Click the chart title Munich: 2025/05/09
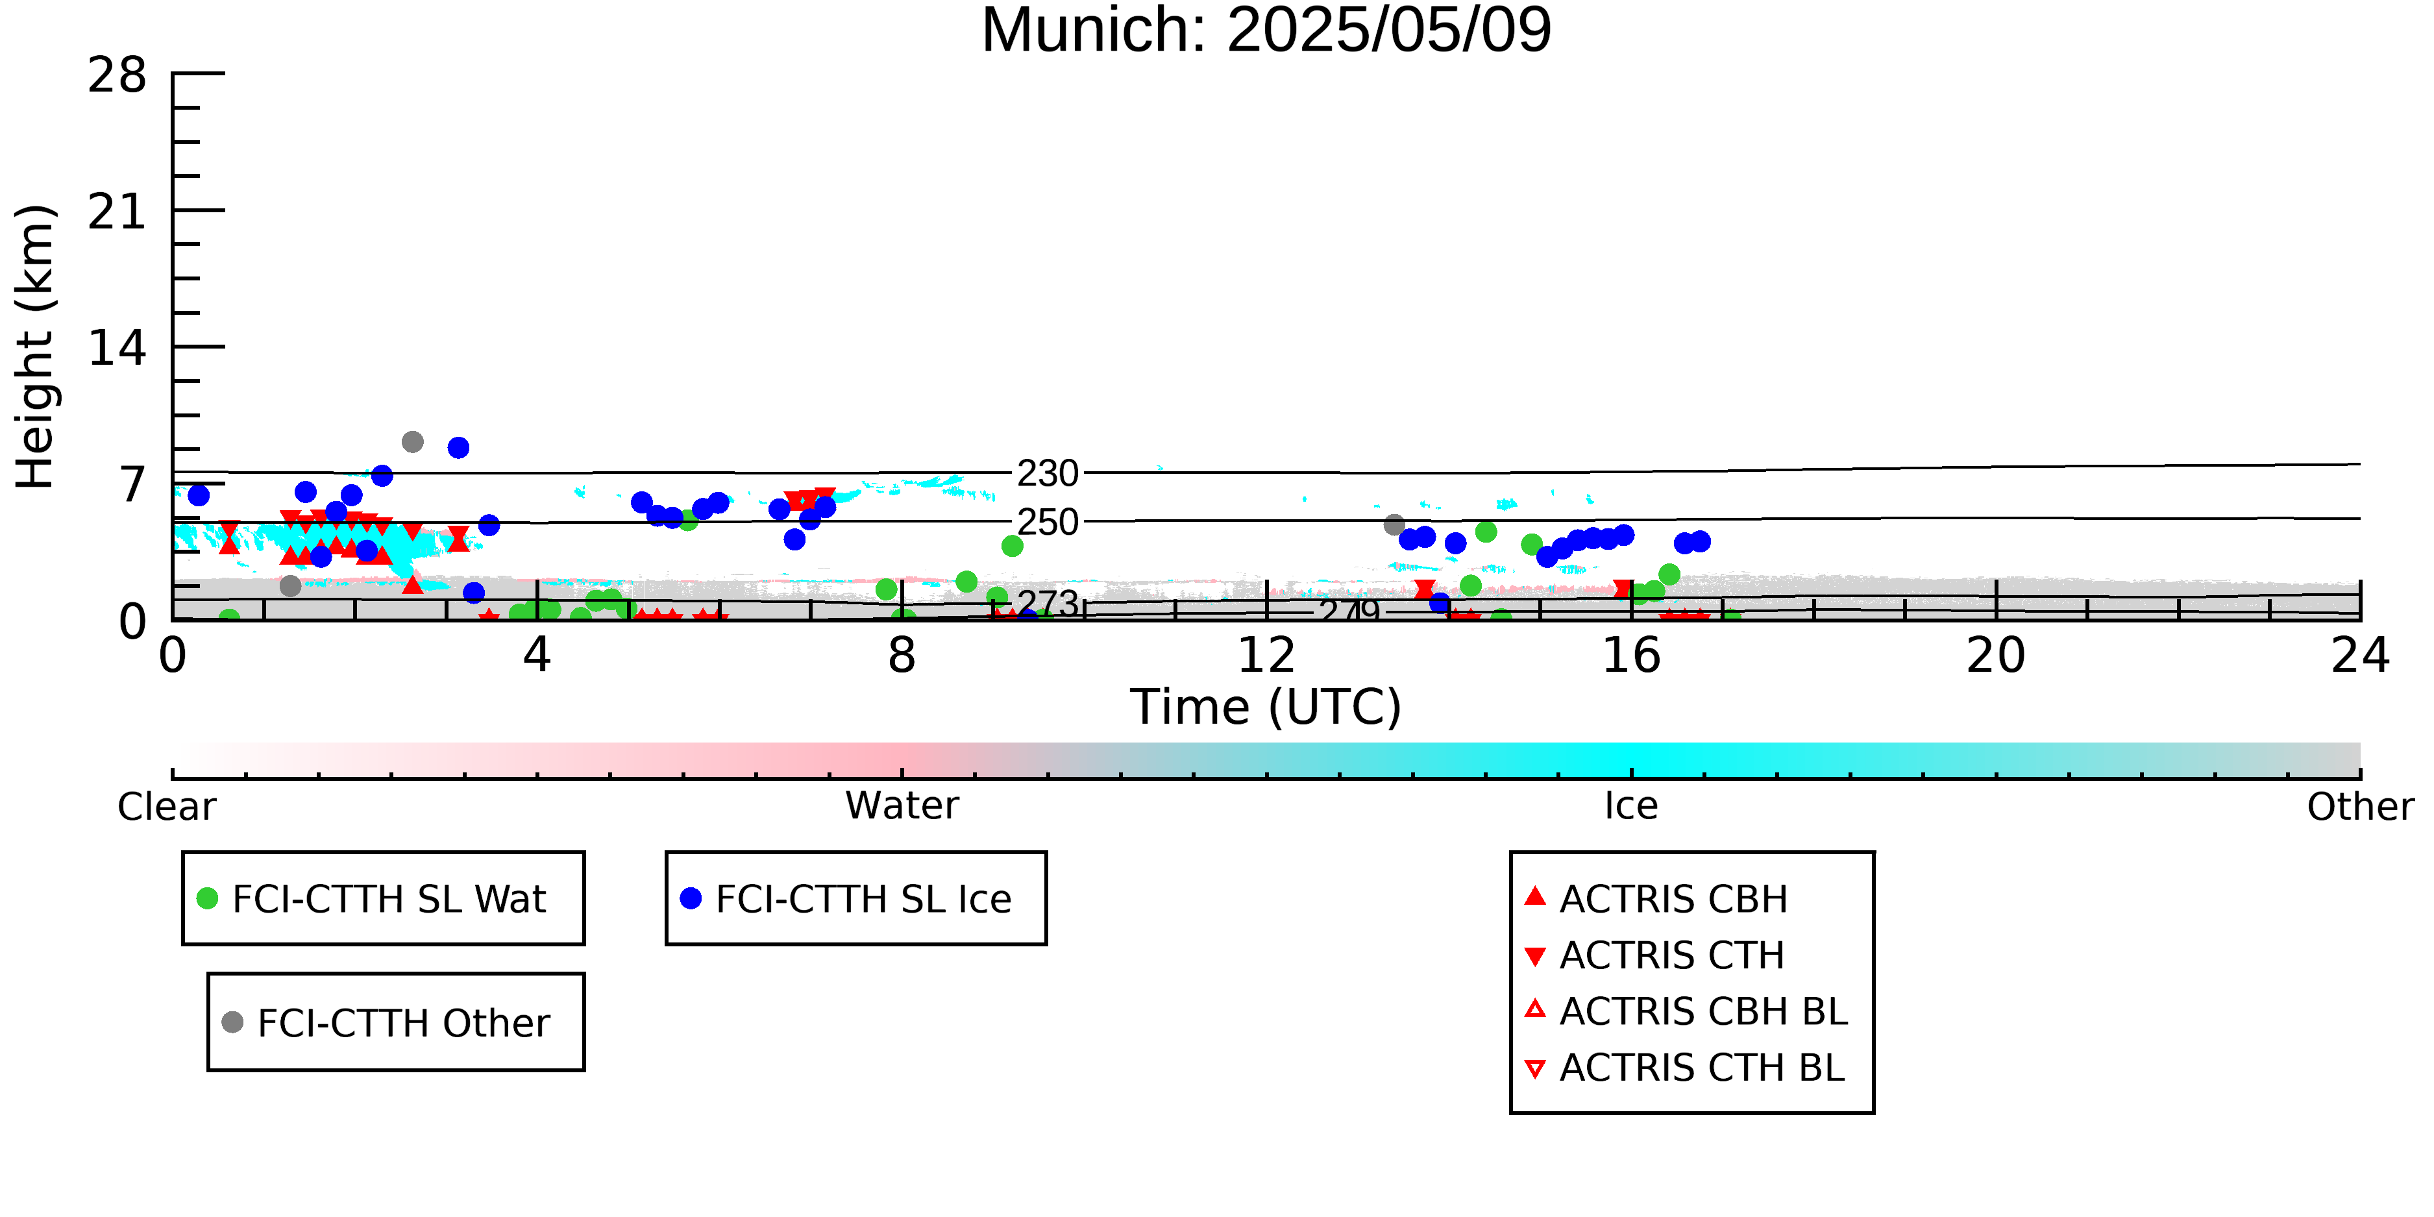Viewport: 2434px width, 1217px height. pos(1266,31)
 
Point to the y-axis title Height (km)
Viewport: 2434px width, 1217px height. pos(36,347)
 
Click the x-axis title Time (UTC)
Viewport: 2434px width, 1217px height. pos(1266,707)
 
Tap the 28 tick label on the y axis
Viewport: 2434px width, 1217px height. pos(117,75)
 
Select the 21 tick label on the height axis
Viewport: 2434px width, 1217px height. pos(117,212)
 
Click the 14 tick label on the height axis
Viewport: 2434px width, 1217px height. pos(117,349)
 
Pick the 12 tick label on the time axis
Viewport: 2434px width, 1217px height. pos(1266,656)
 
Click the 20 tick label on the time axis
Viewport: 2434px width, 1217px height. pos(1996,656)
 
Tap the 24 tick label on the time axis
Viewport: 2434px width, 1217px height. pos(2360,656)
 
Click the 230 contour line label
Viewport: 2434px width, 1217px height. pos(1048,473)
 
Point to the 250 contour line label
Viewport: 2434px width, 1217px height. pos(1048,522)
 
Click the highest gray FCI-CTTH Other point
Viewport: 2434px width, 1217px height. pos(412,442)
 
